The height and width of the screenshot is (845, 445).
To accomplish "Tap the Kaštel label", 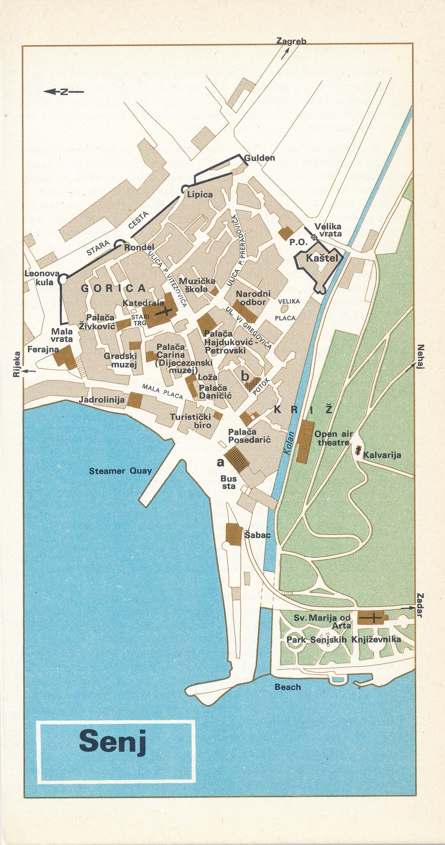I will pos(322,258).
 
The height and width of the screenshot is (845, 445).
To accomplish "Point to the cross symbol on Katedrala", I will pos(164,312).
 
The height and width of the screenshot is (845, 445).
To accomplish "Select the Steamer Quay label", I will pos(120,471).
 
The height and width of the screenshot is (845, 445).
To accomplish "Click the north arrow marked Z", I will pos(63,92).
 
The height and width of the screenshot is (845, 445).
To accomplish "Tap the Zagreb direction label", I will pos(291,41).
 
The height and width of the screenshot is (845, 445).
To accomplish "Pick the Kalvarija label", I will pos(382,455).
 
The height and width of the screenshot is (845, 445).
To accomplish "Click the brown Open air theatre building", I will pos(305,441).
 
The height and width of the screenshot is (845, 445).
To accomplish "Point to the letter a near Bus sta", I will pos(221,462).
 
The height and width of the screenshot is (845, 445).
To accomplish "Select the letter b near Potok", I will pos(245,376).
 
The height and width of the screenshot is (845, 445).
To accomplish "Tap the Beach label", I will pos(288,687).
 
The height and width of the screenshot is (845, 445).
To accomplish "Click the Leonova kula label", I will pos(42,278).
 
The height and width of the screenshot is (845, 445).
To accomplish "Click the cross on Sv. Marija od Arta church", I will pos(372,618).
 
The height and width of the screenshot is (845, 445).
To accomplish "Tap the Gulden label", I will pos(259,158).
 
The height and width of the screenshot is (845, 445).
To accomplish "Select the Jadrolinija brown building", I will pos(134,400).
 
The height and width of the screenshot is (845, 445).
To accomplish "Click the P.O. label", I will pos(298,242).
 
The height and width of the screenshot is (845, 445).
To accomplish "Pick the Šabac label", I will pos(258,535).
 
